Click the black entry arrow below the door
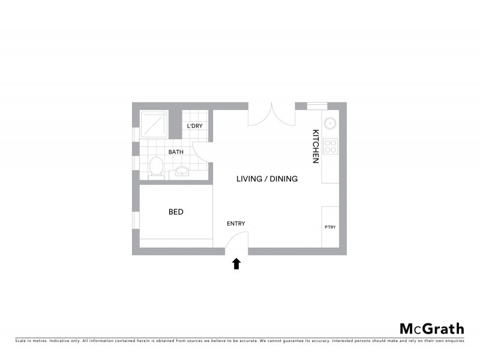(x=236, y=263)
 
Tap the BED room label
(x=176, y=212)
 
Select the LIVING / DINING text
(x=267, y=179)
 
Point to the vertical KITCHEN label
(x=314, y=146)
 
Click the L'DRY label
(x=194, y=126)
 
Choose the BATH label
(x=176, y=152)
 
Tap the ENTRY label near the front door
(x=236, y=224)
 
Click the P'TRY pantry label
(x=330, y=227)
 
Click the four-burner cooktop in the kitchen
(x=331, y=146)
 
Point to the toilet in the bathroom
(x=156, y=167)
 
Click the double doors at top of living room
(x=272, y=115)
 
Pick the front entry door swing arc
(x=236, y=241)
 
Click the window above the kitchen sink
(x=317, y=106)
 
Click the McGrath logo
(x=431, y=328)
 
